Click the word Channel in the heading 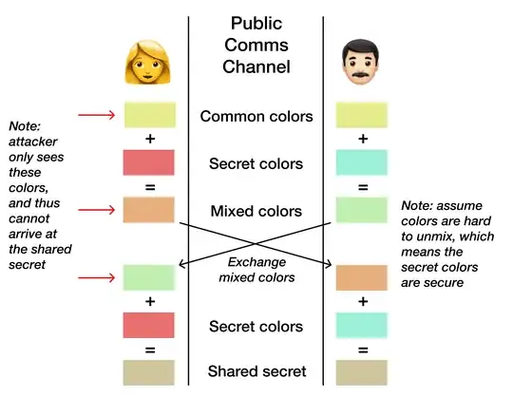(x=256, y=66)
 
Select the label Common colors (x=256, y=116)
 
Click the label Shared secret (x=256, y=370)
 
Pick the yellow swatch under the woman (x=150, y=116)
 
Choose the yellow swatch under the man (x=363, y=116)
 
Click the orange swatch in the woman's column (x=150, y=209)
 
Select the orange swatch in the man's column (x=363, y=277)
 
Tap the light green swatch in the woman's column (x=150, y=277)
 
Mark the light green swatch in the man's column (x=363, y=209)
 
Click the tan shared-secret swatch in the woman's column (x=150, y=370)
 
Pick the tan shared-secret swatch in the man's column (x=363, y=370)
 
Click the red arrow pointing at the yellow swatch (x=99, y=116)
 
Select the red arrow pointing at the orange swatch (x=99, y=208)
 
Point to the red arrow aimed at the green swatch (x=99, y=277)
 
